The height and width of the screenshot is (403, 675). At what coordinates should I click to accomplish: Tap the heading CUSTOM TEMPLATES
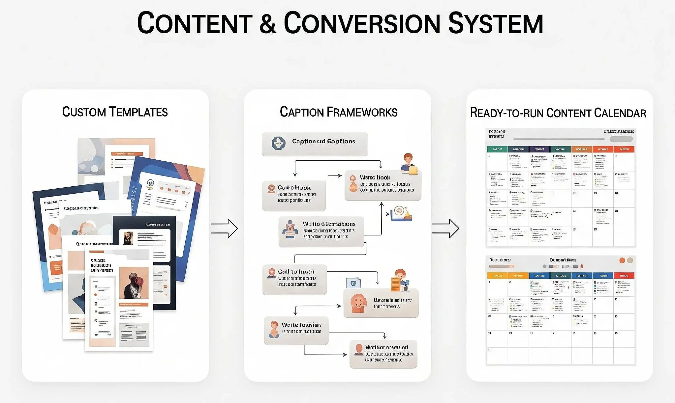coord(115,112)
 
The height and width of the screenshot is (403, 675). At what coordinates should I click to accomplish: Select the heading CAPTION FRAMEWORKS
coord(338,112)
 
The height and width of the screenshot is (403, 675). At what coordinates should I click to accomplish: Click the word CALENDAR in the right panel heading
coord(620,113)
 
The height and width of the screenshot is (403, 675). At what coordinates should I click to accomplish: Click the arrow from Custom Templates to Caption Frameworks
coord(224,228)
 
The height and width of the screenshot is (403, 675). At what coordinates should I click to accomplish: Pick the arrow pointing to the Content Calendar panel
coord(446,228)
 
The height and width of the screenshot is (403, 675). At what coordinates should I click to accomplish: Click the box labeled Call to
coord(294,280)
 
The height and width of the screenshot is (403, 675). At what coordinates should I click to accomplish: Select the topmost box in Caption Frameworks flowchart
coord(315,144)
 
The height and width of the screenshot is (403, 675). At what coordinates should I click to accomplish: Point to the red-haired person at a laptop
coord(408,163)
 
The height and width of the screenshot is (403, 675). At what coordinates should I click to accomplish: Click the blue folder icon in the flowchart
coord(353,283)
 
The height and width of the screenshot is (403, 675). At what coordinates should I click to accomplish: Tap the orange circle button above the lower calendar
coord(622,260)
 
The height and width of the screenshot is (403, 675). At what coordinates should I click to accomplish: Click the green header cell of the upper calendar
coord(497,149)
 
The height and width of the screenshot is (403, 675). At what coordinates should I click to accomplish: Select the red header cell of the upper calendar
coord(624,149)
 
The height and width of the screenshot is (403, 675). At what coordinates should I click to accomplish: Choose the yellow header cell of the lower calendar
coord(518,276)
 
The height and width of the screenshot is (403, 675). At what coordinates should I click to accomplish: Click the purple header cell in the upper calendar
coord(539,149)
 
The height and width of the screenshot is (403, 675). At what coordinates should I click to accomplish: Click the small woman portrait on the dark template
coord(128,238)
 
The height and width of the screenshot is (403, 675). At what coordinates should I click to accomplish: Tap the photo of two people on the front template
coord(134,283)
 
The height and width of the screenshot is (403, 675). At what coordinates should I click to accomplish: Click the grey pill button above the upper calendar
coord(621,139)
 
